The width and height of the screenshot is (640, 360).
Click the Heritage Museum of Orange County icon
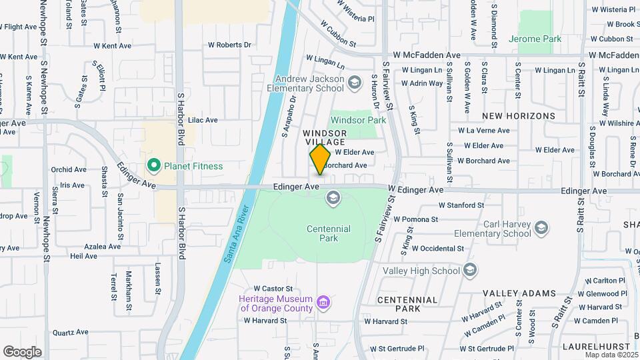(323, 303)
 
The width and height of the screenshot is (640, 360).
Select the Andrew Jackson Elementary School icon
(355, 83)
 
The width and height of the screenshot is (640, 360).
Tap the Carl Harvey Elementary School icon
(541, 229)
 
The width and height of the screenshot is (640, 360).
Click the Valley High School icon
(470, 270)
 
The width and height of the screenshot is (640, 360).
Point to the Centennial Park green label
(328, 233)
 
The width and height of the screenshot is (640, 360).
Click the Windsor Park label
(358, 121)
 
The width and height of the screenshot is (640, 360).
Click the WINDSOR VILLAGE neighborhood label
(325, 137)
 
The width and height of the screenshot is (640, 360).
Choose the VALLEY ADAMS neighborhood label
(519, 293)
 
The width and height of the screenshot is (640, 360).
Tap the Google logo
(22, 351)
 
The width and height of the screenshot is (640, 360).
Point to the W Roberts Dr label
(229, 45)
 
